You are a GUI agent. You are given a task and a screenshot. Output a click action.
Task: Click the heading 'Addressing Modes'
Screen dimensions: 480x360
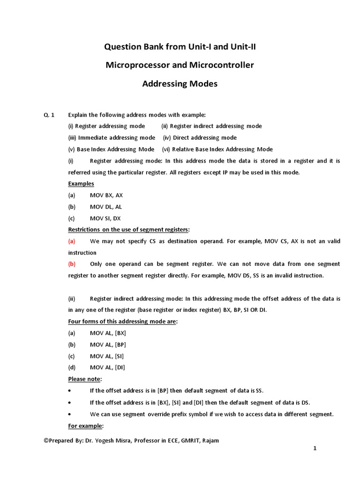(x=180, y=84)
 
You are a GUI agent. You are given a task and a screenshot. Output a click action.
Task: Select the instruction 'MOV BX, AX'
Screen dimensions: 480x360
(x=106, y=195)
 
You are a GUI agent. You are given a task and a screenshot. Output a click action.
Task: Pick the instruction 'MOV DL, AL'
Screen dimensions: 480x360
(x=106, y=207)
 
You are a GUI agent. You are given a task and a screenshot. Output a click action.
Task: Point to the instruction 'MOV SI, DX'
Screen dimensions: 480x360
(x=106, y=218)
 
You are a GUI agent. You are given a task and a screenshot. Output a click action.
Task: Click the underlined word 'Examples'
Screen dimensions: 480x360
(x=81, y=184)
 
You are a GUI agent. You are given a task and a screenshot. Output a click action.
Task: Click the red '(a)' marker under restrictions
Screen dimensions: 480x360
(x=72, y=241)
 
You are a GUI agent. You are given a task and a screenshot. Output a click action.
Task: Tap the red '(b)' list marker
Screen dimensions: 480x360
(x=72, y=264)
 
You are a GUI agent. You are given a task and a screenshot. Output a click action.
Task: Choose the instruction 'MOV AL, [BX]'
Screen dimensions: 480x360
(x=108, y=333)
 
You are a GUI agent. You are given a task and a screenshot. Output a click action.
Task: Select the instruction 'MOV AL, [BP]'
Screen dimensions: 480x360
(x=108, y=345)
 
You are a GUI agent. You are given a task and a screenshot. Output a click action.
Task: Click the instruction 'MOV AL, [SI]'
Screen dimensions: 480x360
(x=107, y=356)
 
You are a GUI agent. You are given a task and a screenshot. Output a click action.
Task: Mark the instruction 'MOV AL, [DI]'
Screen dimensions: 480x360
(x=107, y=367)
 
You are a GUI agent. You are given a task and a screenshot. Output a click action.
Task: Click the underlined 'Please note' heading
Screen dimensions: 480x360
(x=85, y=379)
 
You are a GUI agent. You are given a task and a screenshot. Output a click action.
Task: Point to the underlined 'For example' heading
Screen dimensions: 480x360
(x=86, y=426)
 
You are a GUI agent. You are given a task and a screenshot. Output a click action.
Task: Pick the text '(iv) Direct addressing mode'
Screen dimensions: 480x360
(x=200, y=138)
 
